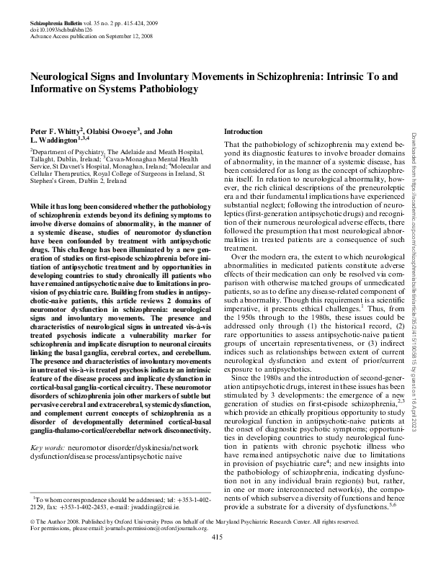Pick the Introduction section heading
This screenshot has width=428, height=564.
244,132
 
